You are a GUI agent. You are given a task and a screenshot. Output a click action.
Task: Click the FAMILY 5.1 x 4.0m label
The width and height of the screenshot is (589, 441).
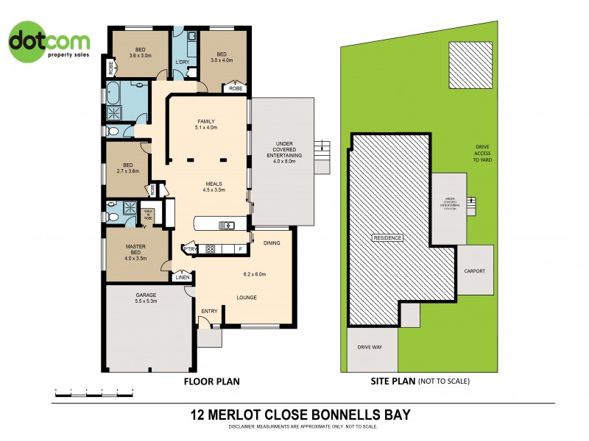205,124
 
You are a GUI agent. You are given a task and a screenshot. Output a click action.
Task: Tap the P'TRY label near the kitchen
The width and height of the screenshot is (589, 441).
191,249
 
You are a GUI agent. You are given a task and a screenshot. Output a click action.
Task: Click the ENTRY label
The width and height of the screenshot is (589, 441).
209,311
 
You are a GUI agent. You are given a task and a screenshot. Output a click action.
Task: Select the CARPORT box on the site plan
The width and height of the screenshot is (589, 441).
474,270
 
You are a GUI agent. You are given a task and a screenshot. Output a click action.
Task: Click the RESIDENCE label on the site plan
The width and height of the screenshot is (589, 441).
388,238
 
